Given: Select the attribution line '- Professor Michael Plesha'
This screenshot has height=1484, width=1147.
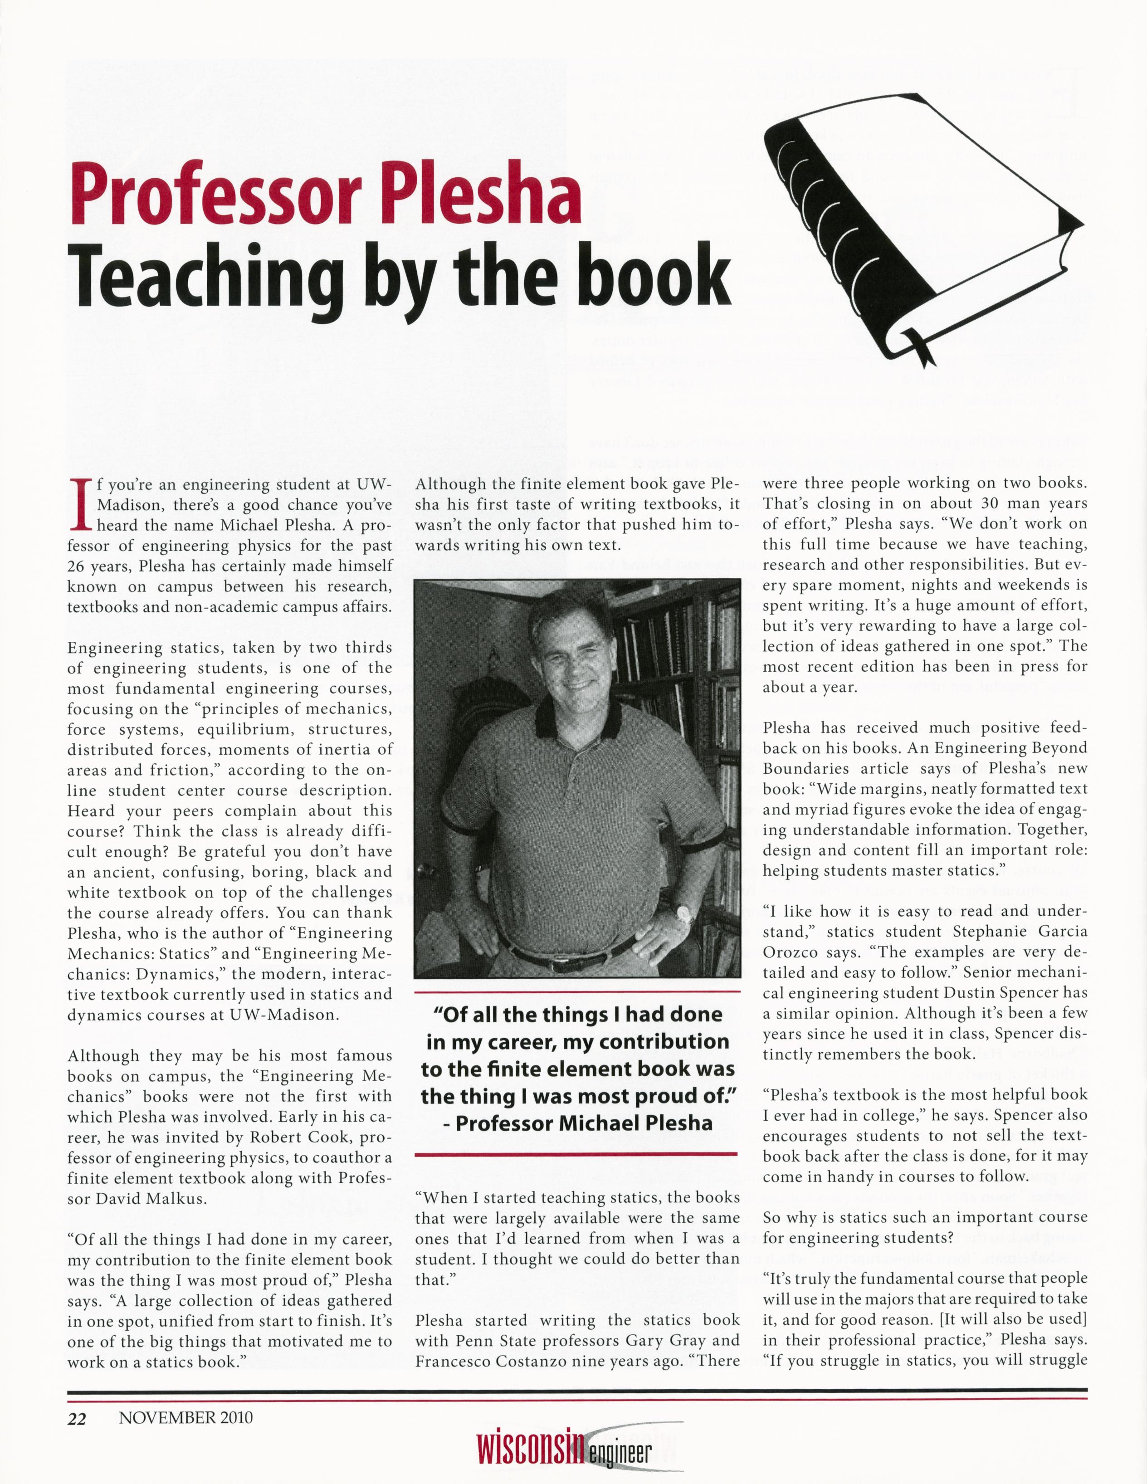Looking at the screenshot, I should [x=577, y=1123].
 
